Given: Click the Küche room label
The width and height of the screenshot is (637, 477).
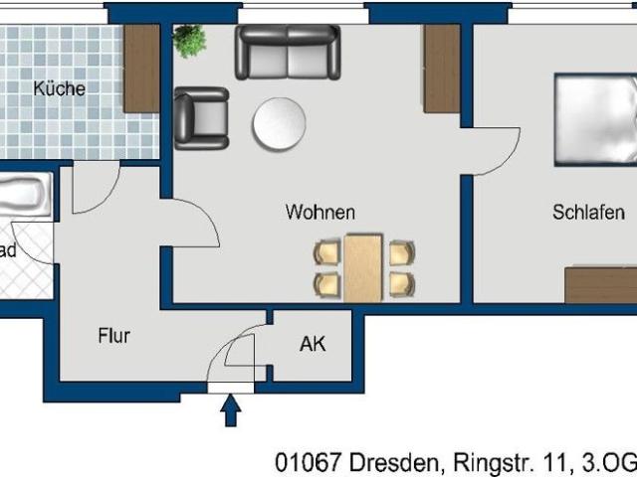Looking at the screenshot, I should (59, 88).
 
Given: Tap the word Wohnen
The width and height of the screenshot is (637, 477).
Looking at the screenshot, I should (319, 213).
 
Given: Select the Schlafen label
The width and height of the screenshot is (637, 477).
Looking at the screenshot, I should (589, 213).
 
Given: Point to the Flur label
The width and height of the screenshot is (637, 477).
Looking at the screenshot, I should (113, 336).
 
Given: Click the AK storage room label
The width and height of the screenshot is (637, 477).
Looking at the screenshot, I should (313, 345).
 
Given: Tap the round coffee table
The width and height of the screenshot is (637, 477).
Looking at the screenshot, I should (280, 124).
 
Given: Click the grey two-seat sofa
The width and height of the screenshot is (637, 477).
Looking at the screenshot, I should (288, 52).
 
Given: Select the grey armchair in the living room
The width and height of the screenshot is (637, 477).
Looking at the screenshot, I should (201, 117).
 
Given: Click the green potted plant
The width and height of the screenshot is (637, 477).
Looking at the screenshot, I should (188, 41).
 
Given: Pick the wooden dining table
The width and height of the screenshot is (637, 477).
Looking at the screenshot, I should (363, 266).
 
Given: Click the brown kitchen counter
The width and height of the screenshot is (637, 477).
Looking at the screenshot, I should (141, 68).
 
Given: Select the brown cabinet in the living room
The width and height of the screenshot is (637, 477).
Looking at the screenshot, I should (441, 68).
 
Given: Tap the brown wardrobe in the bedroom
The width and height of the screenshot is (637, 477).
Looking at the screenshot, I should (600, 284).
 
